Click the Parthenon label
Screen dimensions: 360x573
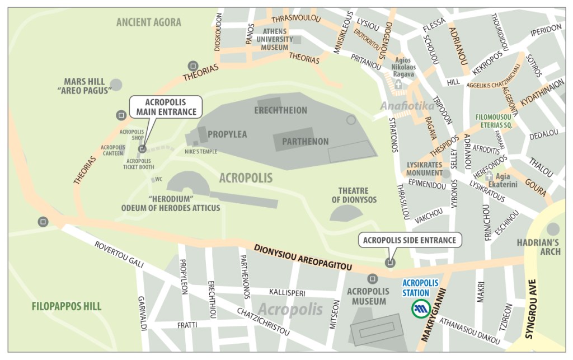click(305, 142)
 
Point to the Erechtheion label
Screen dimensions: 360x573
click(281, 110)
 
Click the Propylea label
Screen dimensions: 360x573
click(227, 134)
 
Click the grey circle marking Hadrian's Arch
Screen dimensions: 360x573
click(553, 228)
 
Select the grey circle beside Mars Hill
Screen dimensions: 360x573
click(116, 85)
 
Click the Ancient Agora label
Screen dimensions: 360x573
click(148, 22)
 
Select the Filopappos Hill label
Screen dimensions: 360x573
click(59, 306)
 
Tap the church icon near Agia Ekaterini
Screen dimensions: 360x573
click(490, 175)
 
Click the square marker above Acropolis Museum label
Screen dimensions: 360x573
click(372, 278)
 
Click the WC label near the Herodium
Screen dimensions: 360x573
click(158, 180)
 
